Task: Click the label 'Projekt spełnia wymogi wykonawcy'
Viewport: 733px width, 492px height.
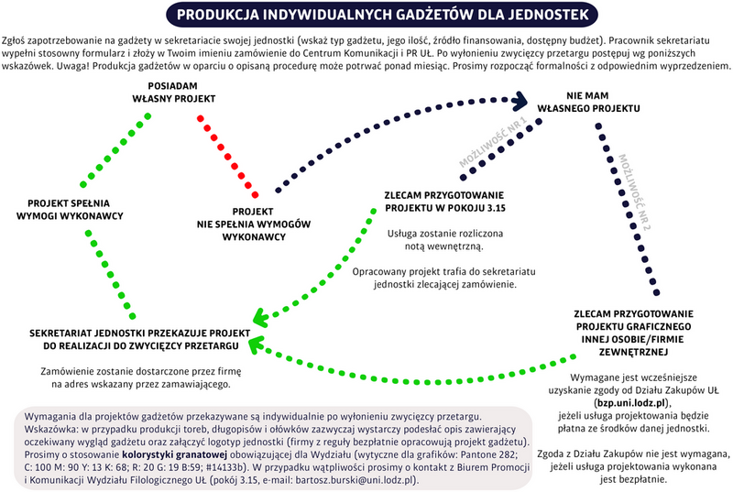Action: (76, 207)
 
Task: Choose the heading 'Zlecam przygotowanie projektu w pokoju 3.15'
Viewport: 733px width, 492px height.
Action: (444, 202)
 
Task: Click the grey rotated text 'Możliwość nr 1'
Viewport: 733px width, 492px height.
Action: (494, 147)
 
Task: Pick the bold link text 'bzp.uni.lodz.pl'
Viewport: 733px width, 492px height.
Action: (632, 401)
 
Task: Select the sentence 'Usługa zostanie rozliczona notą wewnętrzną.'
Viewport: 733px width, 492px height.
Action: (435, 240)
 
